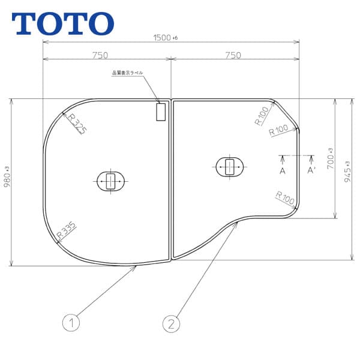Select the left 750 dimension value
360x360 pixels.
(100, 55)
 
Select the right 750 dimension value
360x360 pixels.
(232, 55)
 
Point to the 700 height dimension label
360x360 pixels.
(330, 160)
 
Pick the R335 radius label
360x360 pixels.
(66, 230)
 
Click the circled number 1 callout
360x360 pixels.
(71, 323)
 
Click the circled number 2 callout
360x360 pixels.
(172, 323)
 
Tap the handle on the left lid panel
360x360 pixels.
(110, 180)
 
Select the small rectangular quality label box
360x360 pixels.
(161, 112)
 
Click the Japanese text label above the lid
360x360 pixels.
(128, 73)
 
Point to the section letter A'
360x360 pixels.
(311, 171)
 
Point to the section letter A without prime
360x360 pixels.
(282, 171)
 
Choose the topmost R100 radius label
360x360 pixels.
(261, 115)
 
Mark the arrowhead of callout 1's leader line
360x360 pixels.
(137, 267)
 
